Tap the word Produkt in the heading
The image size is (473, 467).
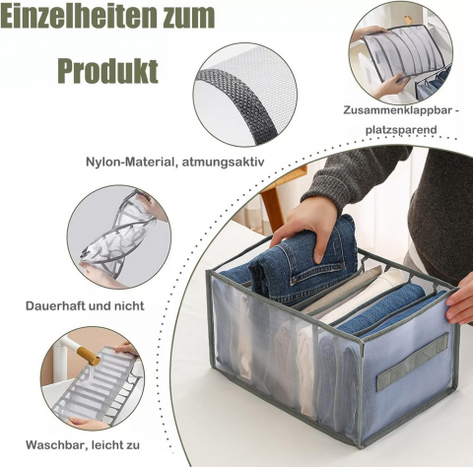pos(108,71)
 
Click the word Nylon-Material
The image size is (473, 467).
pos(131,163)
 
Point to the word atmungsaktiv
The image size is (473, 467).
pos(223,163)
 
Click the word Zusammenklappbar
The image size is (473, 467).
pos(397,110)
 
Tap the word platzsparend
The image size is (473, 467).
pos(401,130)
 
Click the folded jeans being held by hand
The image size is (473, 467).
pos(304,260)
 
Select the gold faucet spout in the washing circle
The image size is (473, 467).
pos(88,356)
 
